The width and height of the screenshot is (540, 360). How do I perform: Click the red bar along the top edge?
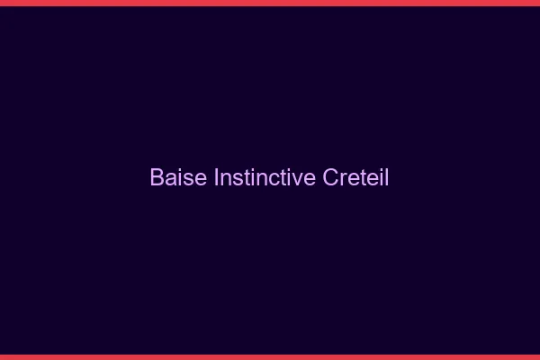[270, 3]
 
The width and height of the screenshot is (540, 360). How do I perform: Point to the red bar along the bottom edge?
[270, 356]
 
